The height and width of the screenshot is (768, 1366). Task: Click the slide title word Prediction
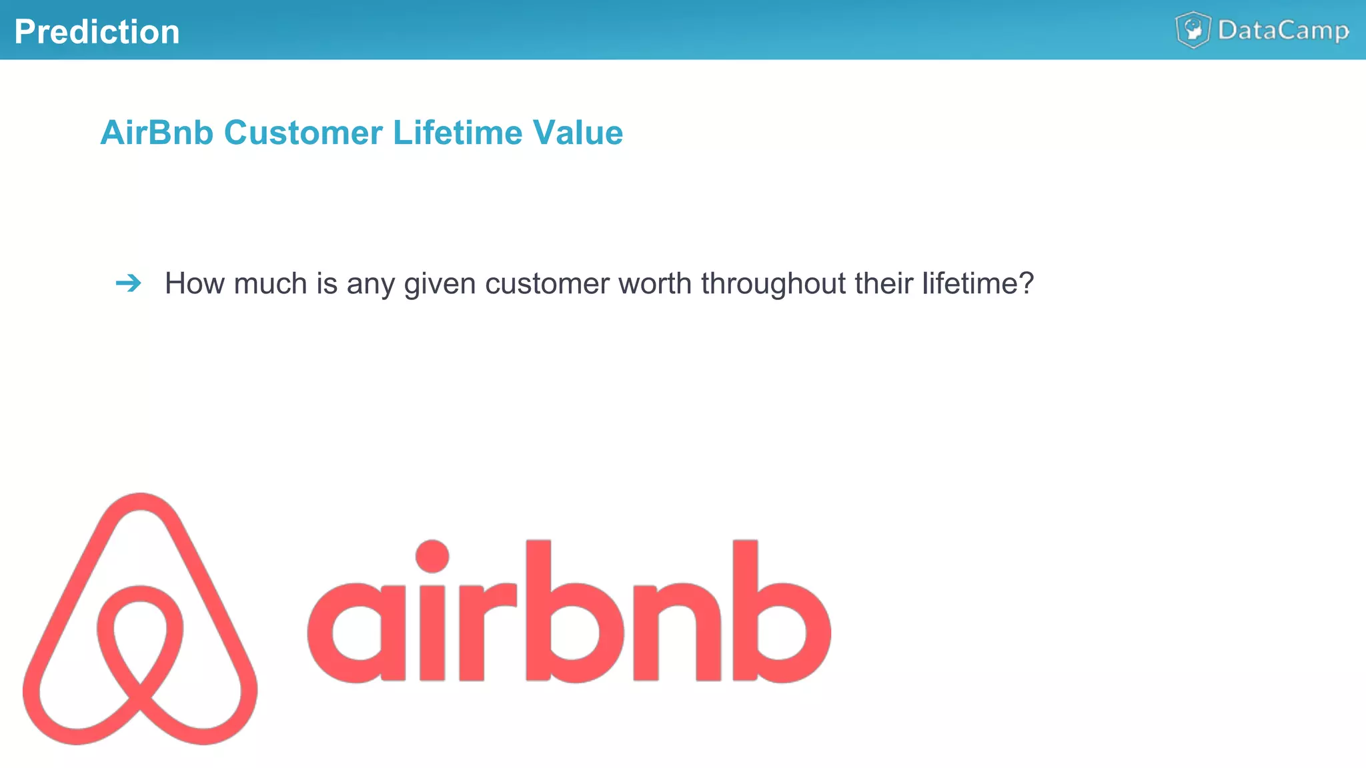(97, 31)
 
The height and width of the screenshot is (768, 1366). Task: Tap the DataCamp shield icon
(1193, 30)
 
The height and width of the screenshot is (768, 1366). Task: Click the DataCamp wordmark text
(1283, 31)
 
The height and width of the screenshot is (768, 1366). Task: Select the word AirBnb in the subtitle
(157, 132)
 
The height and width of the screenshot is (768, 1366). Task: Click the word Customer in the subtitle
(303, 132)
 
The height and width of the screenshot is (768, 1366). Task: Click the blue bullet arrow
(128, 283)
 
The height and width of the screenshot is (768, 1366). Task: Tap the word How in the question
(194, 283)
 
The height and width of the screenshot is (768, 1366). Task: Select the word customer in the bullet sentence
(547, 283)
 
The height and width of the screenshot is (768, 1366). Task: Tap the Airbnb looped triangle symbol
(140, 620)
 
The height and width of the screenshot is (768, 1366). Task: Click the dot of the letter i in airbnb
(432, 556)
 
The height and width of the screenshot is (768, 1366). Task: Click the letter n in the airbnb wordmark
(676, 630)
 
